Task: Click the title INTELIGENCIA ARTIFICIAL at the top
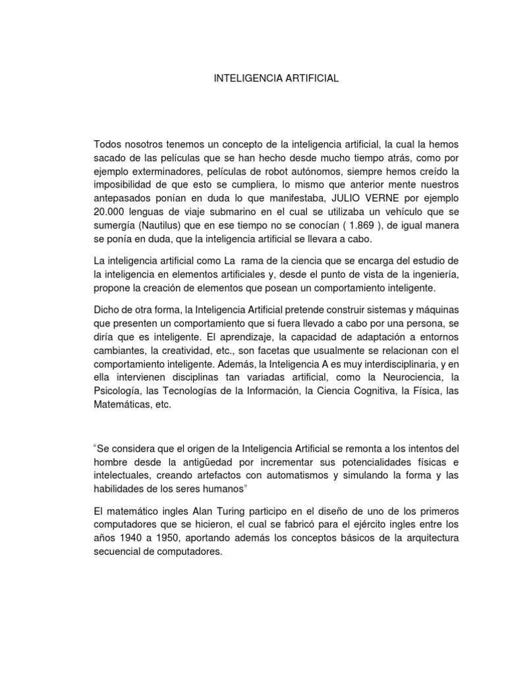276,78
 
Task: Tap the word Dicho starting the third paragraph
107,309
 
